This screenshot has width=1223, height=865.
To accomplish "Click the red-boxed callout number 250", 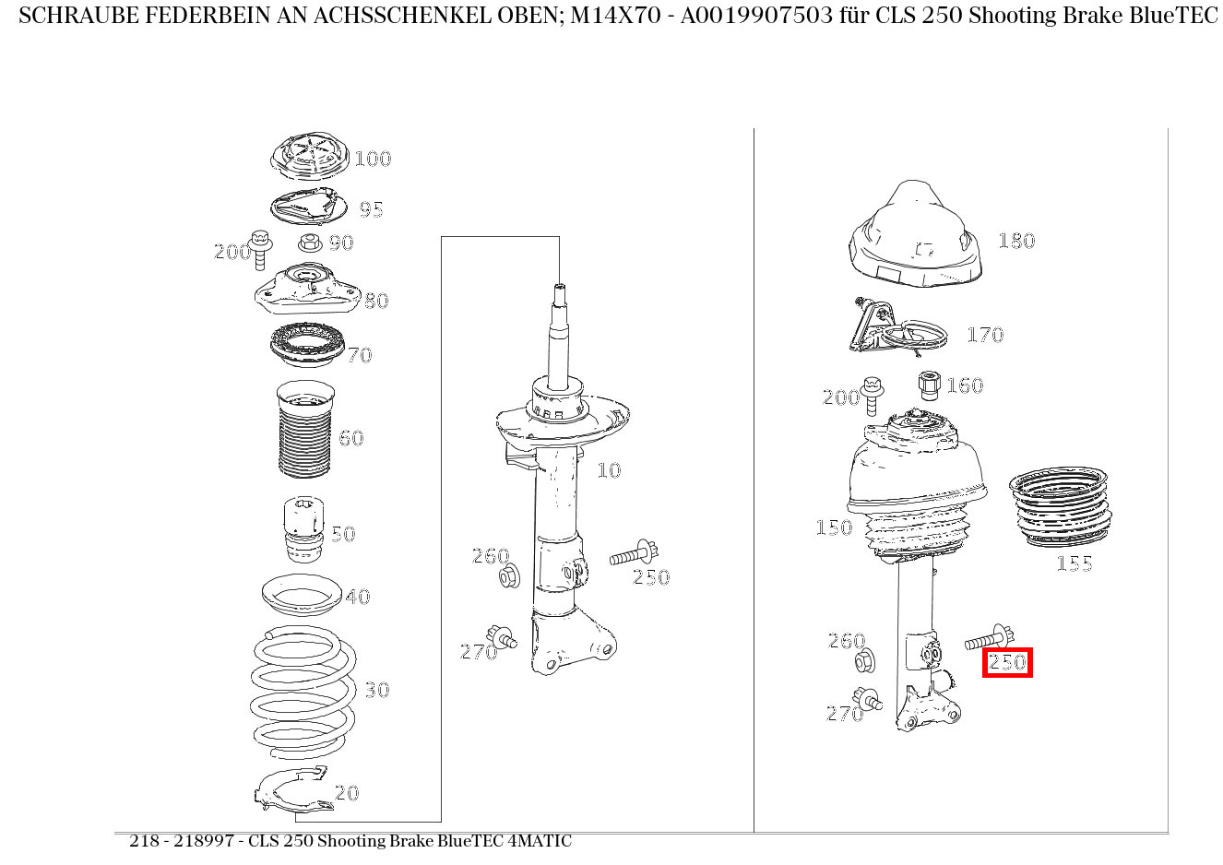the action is tap(1007, 662).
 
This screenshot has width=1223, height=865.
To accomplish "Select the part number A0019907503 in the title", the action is tap(756, 16).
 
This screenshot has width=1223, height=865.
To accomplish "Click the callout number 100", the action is tap(373, 159).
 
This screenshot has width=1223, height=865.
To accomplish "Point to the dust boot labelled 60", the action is tap(305, 429).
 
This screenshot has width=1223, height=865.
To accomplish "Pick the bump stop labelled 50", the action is tap(303, 528).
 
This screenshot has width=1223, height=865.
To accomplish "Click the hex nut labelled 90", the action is tap(310, 242).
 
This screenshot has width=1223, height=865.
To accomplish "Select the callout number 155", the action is tap(1075, 563).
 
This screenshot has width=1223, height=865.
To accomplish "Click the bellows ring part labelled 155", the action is tap(1060, 507).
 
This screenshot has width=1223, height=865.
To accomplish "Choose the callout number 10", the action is tap(609, 470).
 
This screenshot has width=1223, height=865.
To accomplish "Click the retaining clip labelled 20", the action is tap(294, 789).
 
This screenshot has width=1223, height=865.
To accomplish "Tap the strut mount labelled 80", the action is tap(307, 290).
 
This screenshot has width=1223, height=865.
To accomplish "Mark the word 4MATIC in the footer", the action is tap(540, 841).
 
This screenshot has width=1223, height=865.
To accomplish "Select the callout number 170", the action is tap(985, 335).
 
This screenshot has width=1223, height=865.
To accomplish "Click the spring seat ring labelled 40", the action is tap(302, 595).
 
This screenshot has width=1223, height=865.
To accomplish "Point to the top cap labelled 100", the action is tap(310, 156).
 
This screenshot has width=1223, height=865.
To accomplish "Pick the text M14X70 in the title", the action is tap(615, 16).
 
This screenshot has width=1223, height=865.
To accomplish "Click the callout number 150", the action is tap(834, 527).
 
